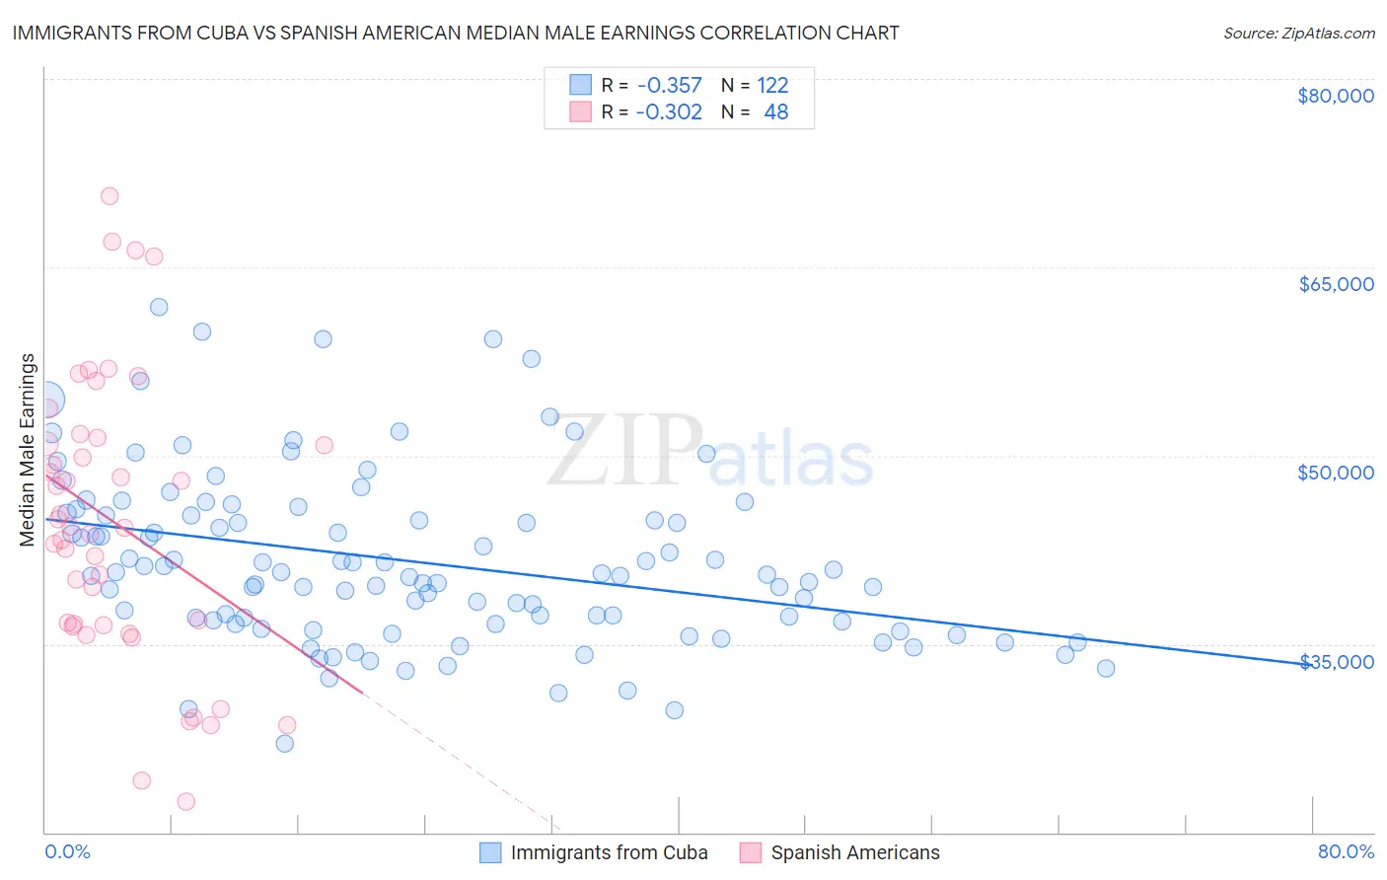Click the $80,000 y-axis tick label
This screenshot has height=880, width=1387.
(x=1335, y=96)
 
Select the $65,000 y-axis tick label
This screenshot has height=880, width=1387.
(x=1336, y=284)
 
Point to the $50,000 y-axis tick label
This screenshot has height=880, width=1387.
(x=1336, y=473)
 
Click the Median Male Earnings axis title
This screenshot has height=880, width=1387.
(x=28, y=450)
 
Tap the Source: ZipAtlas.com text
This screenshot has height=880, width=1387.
(x=1298, y=33)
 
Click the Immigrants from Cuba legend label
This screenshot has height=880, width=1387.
(x=609, y=852)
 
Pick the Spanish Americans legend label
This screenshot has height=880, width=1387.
(x=855, y=852)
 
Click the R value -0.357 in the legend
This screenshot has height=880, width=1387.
(x=669, y=86)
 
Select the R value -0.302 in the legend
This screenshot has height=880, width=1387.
(x=669, y=112)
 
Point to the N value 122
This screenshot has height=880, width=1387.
(x=772, y=86)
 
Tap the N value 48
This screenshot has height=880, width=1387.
(x=775, y=112)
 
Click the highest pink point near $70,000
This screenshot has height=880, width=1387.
(x=109, y=196)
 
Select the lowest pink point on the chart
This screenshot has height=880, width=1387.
(x=185, y=802)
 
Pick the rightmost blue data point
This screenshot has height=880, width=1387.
(x=1106, y=669)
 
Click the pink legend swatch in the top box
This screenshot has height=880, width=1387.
(x=580, y=111)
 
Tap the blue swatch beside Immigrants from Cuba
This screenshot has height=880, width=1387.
(x=490, y=852)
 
